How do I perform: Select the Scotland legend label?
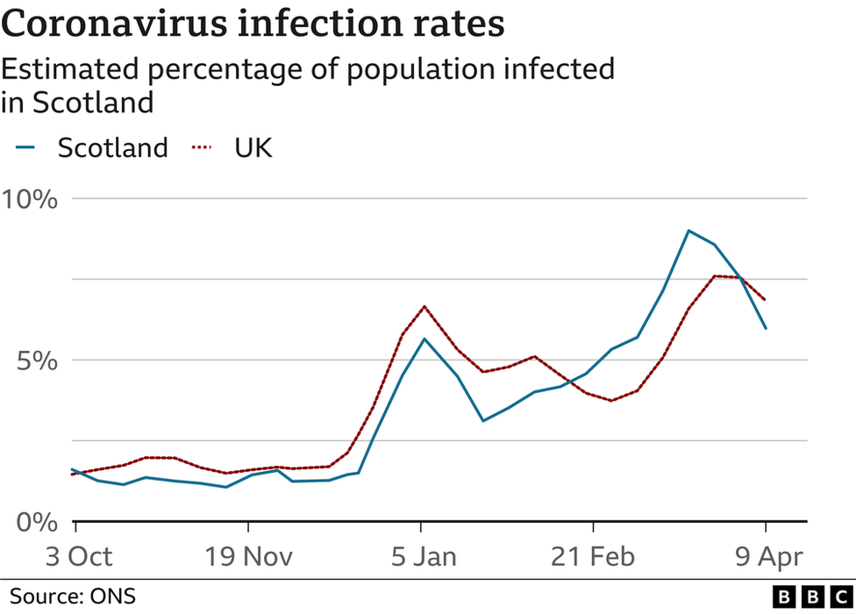(112, 147)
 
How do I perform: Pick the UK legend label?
(253, 147)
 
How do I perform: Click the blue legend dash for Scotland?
(25, 148)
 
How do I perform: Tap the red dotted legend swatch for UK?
(203, 148)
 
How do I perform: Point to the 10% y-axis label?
(28, 199)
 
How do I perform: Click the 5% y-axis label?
(36, 361)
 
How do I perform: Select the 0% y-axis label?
(36, 522)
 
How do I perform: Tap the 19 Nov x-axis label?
(248, 556)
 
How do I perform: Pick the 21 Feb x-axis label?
(593, 556)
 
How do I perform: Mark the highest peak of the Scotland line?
(688, 231)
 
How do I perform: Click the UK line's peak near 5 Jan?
(424, 306)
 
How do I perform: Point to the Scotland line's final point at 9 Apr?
(766, 328)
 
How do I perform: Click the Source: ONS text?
(74, 596)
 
